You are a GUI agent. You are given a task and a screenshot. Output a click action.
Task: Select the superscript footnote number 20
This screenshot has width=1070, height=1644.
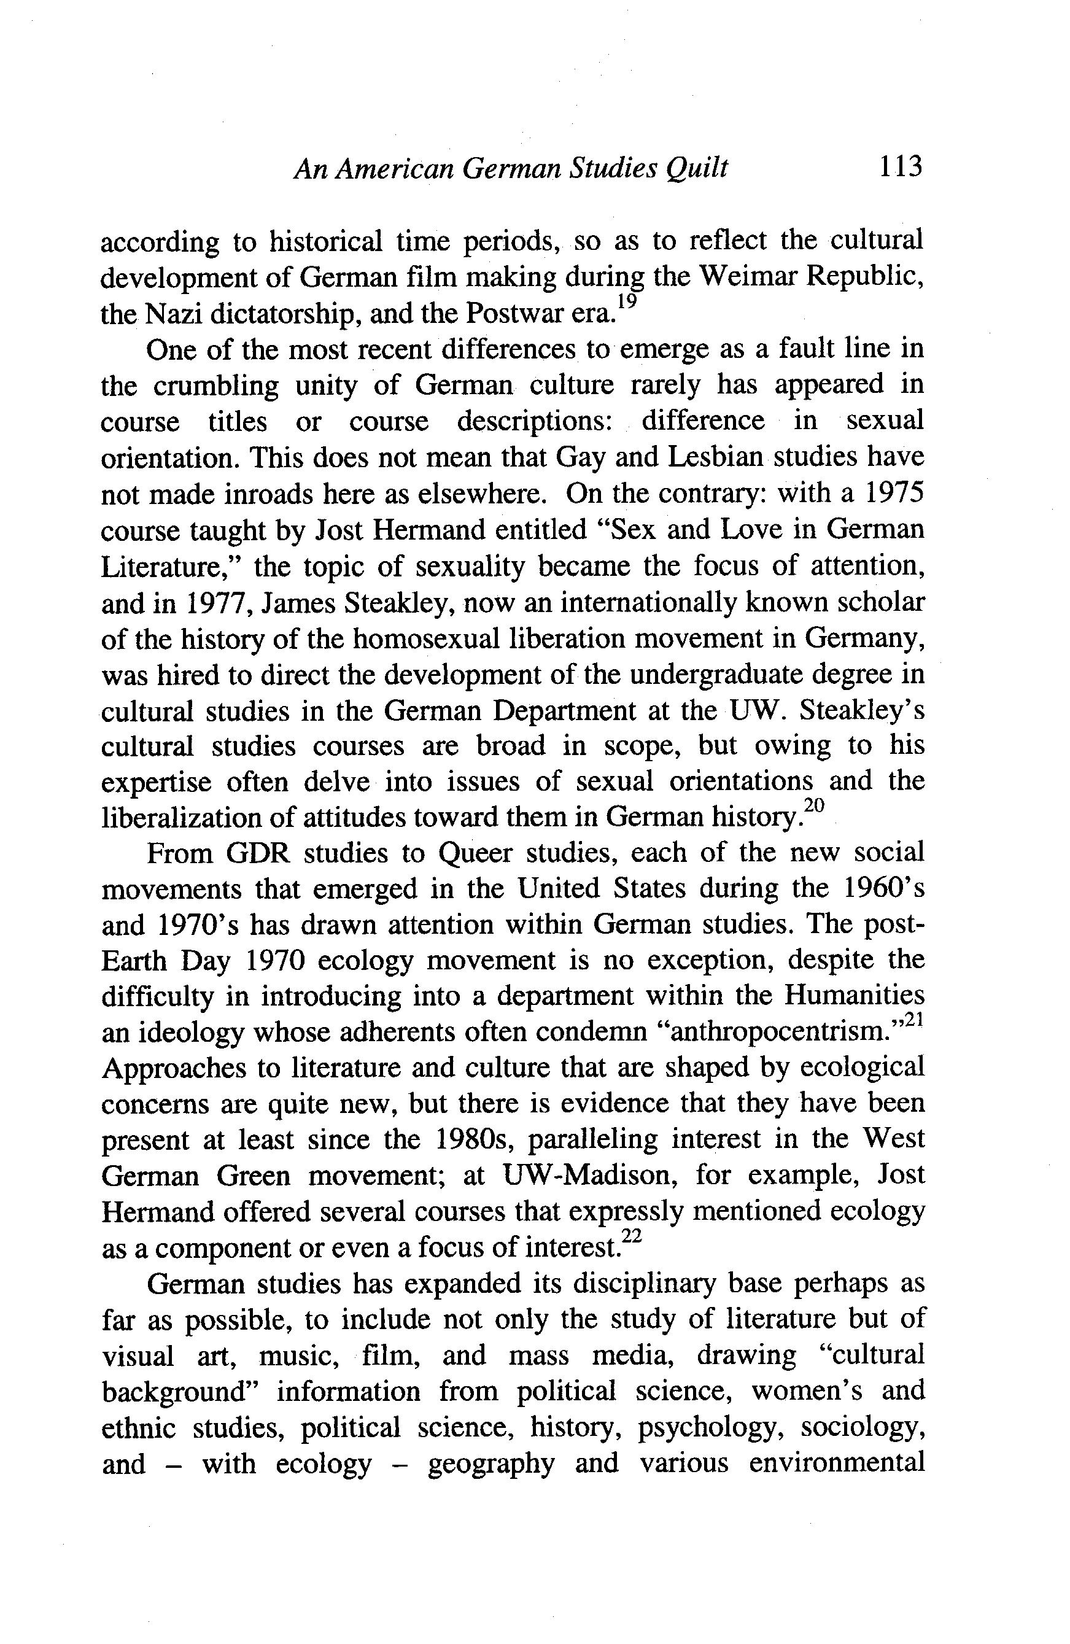point(816,806)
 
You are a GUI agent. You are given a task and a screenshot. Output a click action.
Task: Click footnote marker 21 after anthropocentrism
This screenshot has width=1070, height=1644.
point(914,1021)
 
